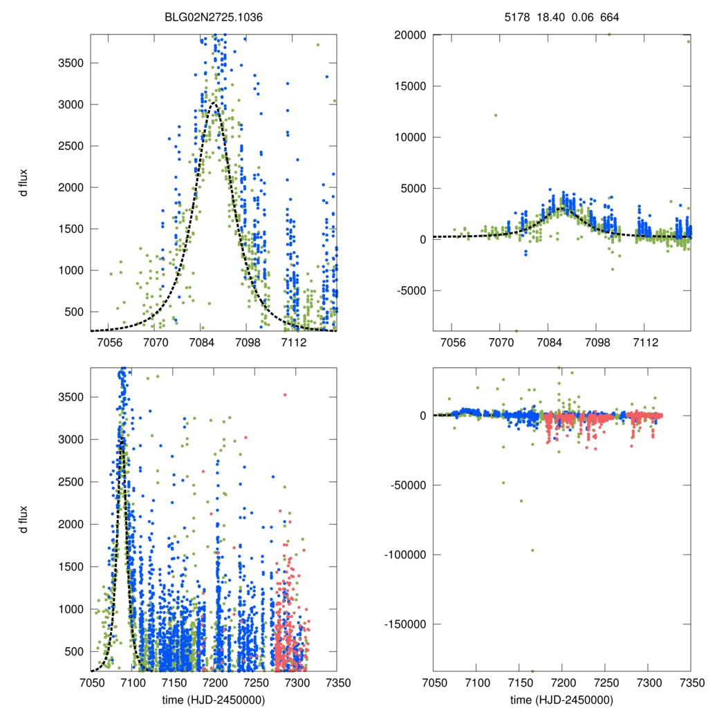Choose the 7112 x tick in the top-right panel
click(x=644, y=343)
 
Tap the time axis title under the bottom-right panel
click(x=561, y=699)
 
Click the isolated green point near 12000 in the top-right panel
click(x=496, y=115)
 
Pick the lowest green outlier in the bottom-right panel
click(x=532, y=671)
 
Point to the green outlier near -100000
click(x=532, y=550)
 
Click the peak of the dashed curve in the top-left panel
click(x=214, y=104)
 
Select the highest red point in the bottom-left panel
click(x=285, y=395)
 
